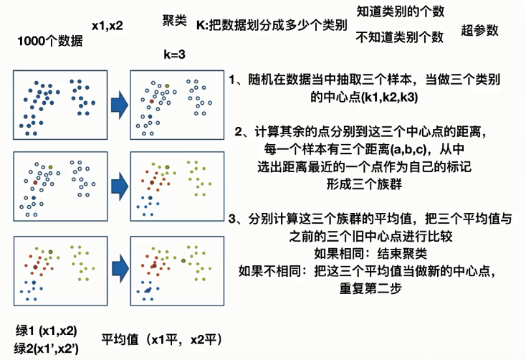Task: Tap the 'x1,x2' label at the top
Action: pyautogui.click(x=107, y=26)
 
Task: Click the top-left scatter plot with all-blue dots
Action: pyautogui.click(x=57, y=105)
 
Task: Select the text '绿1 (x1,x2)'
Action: pyautogui.click(x=47, y=331)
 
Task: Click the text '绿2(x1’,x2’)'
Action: pyautogui.click(x=47, y=349)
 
